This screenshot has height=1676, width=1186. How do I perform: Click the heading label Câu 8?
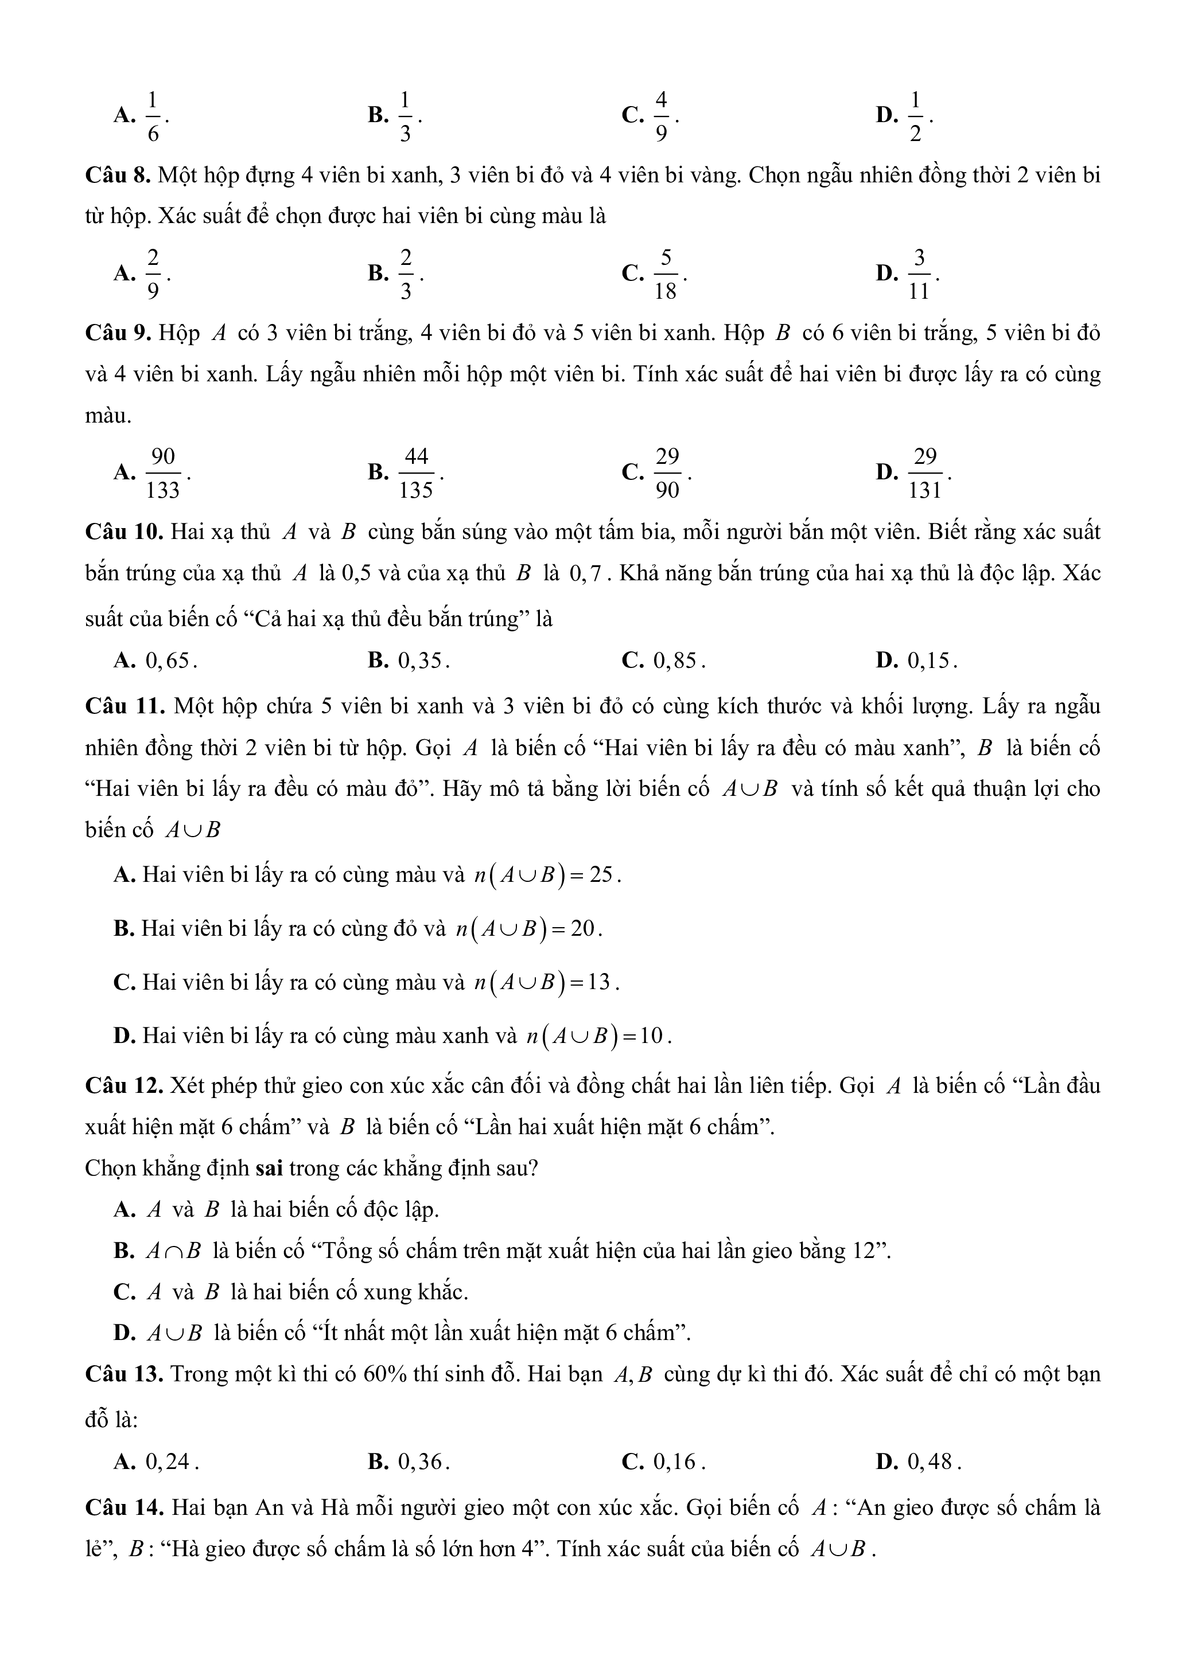[118, 176]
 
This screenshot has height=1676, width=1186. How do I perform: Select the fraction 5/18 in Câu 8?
[666, 274]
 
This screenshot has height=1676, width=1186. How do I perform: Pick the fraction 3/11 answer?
[919, 274]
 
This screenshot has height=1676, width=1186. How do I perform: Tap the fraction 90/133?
[162, 473]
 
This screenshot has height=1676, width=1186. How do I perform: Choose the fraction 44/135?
[416, 473]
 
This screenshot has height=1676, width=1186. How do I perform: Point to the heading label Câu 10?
[123, 532]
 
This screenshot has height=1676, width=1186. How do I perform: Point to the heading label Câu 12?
[123, 1085]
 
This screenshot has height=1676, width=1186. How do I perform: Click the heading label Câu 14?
[123, 1507]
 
